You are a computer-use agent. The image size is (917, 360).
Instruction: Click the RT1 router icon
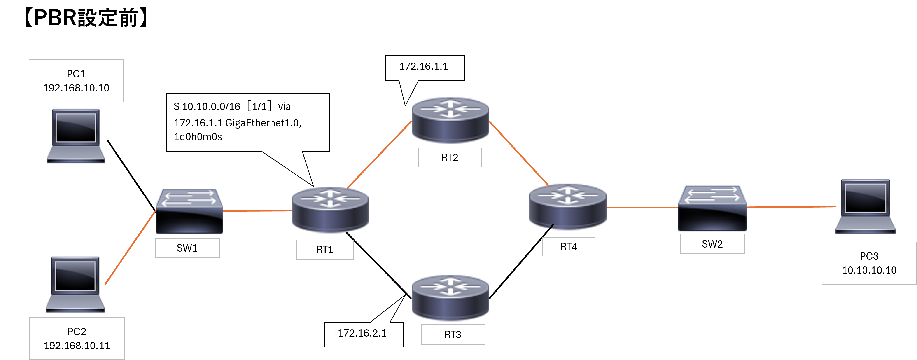330,210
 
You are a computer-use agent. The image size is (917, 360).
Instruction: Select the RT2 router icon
450,120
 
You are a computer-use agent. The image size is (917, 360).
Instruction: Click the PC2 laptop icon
75,284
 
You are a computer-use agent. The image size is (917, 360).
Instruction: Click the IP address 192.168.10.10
76,88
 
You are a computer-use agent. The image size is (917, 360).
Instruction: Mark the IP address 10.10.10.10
869,270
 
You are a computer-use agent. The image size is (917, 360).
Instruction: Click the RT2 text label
450,158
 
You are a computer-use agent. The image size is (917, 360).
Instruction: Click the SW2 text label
712,244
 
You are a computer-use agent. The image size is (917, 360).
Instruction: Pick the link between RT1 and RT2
379,154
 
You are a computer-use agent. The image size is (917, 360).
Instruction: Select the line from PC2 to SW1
130,248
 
